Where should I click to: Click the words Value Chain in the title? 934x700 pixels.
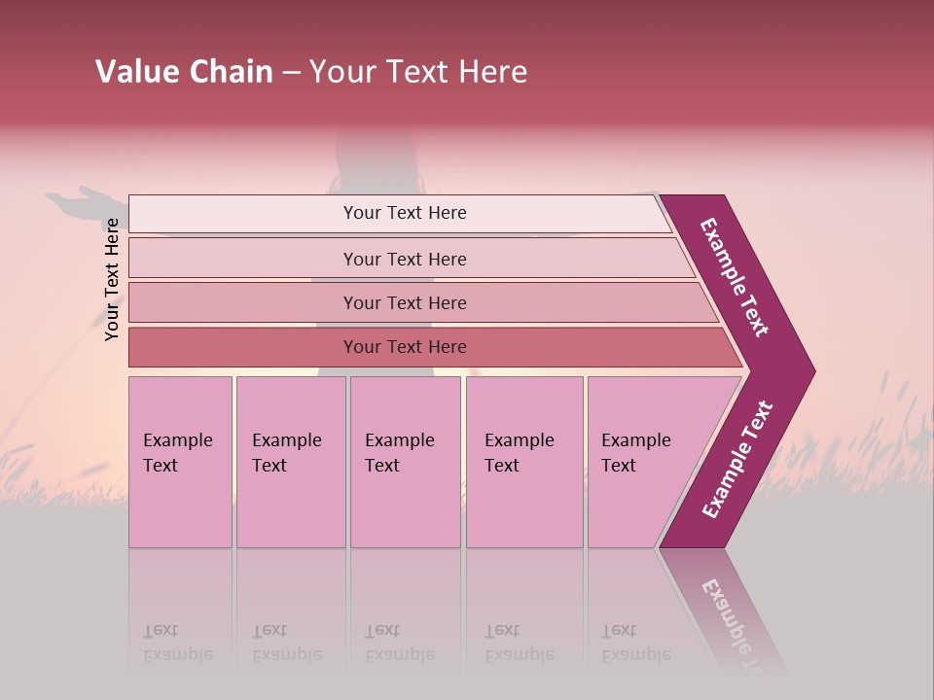[x=184, y=72]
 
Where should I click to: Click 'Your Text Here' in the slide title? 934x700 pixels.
[x=418, y=72]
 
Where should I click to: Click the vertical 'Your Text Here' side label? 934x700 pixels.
[x=112, y=279]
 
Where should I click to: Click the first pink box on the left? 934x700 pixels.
[x=180, y=462]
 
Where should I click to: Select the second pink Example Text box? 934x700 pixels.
[x=291, y=462]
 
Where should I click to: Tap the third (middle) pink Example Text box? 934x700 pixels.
[x=405, y=462]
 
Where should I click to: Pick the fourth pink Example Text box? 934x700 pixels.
[x=524, y=462]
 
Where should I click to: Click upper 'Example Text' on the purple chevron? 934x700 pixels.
[x=735, y=277]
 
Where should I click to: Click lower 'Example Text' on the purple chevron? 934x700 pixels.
[x=737, y=460]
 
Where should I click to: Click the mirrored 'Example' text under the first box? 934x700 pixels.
[x=178, y=654]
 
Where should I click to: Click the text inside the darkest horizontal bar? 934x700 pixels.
[x=405, y=347]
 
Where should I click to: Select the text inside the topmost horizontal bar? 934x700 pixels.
[x=405, y=213]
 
